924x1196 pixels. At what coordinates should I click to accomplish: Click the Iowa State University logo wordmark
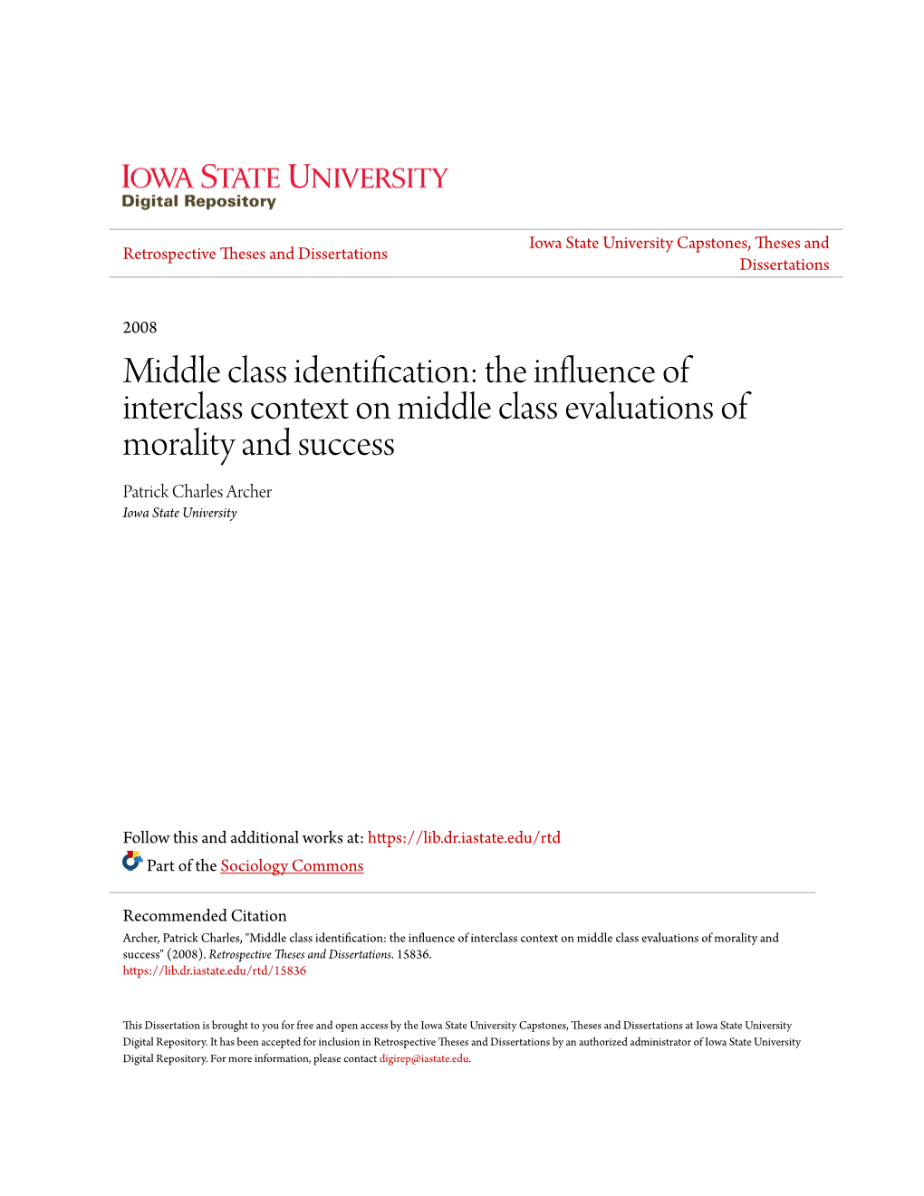pyautogui.click(x=284, y=177)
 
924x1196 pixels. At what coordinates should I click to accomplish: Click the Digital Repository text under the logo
pyautogui.click(x=198, y=201)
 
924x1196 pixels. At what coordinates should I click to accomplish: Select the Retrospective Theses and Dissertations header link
pyautogui.click(x=255, y=254)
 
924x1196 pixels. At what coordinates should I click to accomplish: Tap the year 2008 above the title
pyautogui.click(x=140, y=327)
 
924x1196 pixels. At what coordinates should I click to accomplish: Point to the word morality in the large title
pyautogui.click(x=178, y=444)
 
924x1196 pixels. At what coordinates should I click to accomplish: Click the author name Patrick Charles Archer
pyautogui.click(x=197, y=491)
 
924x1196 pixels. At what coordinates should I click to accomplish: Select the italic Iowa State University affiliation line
pyautogui.click(x=179, y=513)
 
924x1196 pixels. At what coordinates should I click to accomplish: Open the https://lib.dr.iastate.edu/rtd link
pyautogui.click(x=464, y=837)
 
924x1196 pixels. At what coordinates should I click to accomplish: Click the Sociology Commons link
pyautogui.click(x=292, y=865)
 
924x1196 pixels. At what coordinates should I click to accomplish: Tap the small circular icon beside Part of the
pyautogui.click(x=132, y=862)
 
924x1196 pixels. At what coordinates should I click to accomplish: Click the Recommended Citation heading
pyautogui.click(x=205, y=915)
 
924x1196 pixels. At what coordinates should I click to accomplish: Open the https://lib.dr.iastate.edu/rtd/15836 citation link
pyautogui.click(x=215, y=970)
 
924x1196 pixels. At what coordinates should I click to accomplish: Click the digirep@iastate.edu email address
pyautogui.click(x=424, y=1058)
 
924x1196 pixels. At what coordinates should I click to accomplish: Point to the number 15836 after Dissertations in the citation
pyautogui.click(x=413, y=954)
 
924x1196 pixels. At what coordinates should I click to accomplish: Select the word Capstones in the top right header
pyautogui.click(x=712, y=243)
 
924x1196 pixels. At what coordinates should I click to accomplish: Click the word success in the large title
pyautogui.click(x=346, y=444)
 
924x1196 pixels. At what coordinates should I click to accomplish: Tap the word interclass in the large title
pyautogui.click(x=183, y=408)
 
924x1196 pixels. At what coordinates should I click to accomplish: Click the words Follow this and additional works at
pyautogui.click(x=243, y=837)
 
